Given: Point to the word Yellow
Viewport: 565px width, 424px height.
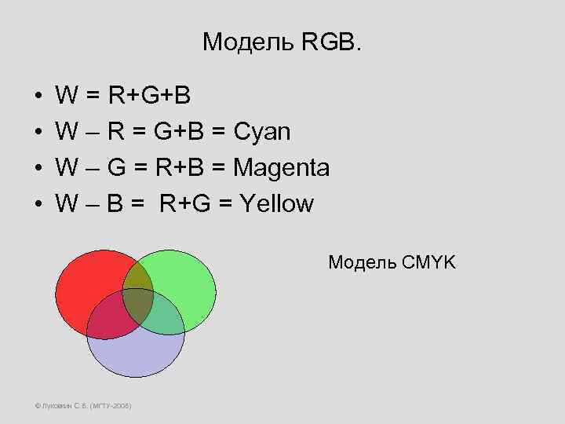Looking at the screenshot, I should click(277, 204).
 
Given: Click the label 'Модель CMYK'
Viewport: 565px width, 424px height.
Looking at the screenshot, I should click(391, 262).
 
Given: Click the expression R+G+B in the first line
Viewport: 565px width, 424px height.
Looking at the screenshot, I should click(149, 96).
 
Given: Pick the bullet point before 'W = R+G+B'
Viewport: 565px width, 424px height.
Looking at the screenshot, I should click(38, 97).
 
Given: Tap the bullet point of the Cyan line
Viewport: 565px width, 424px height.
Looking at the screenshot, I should click(38, 133).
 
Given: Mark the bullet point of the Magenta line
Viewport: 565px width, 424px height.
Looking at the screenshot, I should click(38, 169).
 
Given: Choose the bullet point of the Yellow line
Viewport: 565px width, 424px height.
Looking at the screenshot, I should click(38, 205).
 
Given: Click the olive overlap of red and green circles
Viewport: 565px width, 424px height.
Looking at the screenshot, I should click(138, 275).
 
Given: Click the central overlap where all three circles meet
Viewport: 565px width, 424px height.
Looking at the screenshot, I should click(137, 306).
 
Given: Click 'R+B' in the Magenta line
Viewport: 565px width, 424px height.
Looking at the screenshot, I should click(181, 168).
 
